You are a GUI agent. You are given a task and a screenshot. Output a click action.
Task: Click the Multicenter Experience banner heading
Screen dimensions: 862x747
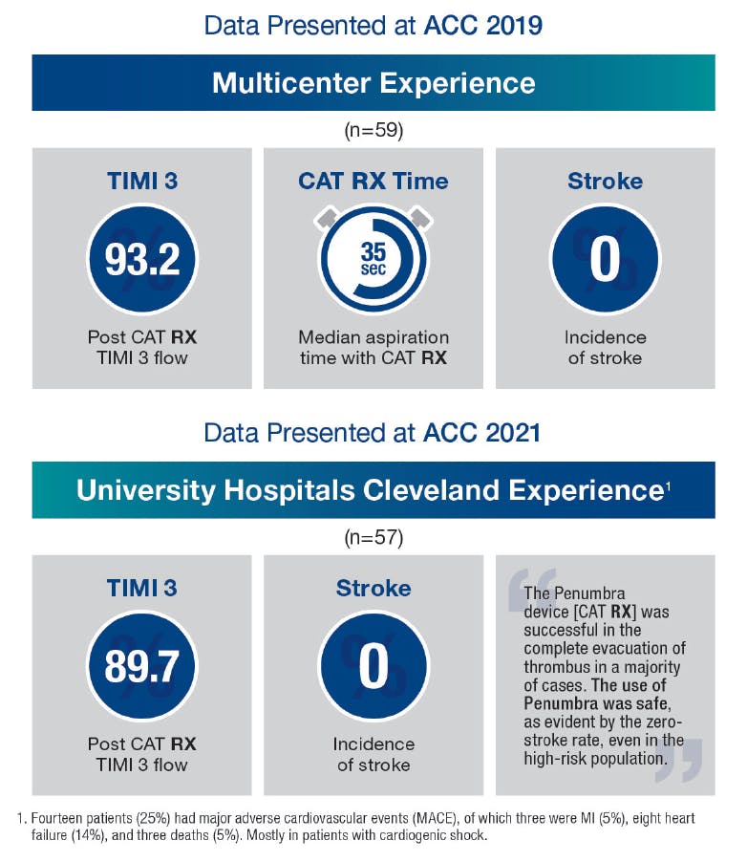point(373,82)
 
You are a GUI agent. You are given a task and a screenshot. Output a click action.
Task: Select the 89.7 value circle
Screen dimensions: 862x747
point(141,666)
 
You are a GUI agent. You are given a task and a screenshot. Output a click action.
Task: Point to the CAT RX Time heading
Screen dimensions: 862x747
point(373,181)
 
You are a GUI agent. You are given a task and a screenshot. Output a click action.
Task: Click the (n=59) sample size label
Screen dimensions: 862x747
point(373,130)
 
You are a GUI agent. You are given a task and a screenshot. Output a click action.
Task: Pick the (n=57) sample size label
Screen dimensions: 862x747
point(373,537)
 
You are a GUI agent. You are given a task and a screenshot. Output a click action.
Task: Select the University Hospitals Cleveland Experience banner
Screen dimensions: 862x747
point(373,490)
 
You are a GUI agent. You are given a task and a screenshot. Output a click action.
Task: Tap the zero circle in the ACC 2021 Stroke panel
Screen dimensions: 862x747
point(373,666)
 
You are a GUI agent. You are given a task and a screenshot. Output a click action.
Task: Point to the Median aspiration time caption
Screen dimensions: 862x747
point(373,348)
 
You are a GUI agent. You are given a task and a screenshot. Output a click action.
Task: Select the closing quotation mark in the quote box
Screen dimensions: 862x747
point(679,760)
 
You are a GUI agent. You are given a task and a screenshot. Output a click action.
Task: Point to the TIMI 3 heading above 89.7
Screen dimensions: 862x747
point(141,588)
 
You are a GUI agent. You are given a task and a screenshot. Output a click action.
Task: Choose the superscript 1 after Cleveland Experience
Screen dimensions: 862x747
point(668,485)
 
